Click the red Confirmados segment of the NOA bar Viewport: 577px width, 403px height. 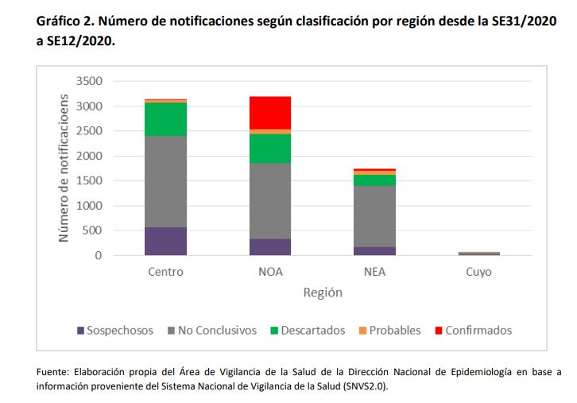(x=270, y=112)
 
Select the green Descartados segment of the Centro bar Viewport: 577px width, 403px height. (x=165, y=119)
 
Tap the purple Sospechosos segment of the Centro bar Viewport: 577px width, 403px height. (x=165, y=241)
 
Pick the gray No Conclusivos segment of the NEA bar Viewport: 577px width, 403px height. (x=374, y=216)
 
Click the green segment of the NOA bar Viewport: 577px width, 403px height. (x=270, y=148)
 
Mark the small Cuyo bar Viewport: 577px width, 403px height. (x=479, y=254)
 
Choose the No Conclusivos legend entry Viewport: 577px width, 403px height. (x=215, y=330)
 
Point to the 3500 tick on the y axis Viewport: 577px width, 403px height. (x=90, y=81)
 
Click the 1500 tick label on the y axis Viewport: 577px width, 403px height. (x=90, y=181)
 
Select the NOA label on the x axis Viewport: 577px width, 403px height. (x=270, y=272)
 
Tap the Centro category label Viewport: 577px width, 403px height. (x=165, y=272)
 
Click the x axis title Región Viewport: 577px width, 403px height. (x=322, y=293)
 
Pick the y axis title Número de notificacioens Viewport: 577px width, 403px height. (x=63, y=169)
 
